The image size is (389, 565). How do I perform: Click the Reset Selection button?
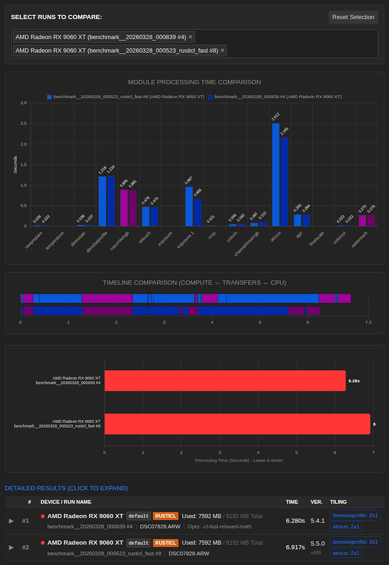[353, 17]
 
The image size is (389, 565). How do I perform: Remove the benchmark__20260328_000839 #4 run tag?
[191, 37]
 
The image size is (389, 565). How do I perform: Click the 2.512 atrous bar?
[276, 174]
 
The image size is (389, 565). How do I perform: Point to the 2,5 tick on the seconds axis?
[24, 123]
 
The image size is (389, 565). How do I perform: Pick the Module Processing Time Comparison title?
[194, 82]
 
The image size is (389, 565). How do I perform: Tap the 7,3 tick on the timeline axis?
[368, 322]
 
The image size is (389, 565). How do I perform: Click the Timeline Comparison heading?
[194, 282]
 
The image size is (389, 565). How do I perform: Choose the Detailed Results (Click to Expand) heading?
[66, 488]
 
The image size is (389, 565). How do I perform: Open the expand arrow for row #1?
[11, 521]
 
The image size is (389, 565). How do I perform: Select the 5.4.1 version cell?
[318, 520]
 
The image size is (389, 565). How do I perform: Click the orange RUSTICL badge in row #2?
[166, 542]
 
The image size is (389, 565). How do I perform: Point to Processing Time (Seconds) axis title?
[239, 460]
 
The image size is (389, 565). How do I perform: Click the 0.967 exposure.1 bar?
[189, 206]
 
